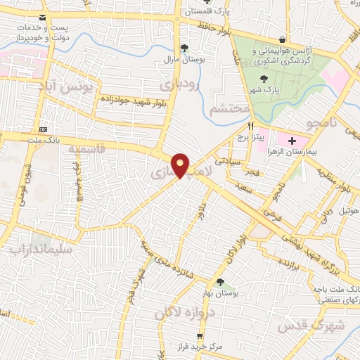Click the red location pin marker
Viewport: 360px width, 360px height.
[x=181, y=165]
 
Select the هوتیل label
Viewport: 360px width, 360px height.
[x=348, y=210]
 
